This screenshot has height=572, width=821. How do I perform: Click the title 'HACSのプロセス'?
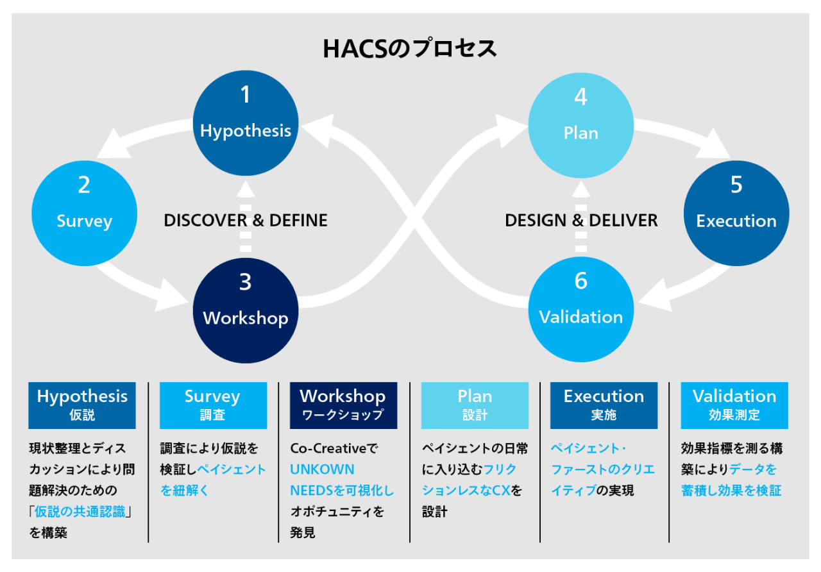410,49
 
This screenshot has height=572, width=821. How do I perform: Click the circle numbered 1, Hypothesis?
246,122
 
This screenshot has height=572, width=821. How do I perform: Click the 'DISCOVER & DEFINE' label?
246,221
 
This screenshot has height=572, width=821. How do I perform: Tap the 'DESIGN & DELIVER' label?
581,221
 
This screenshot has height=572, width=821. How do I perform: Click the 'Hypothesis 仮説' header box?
82,405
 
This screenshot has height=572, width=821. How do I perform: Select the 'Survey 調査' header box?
213,405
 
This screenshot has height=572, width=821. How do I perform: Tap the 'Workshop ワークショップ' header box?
343,405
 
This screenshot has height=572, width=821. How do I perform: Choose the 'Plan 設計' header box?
475,405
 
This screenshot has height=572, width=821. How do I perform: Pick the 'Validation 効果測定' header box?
734,405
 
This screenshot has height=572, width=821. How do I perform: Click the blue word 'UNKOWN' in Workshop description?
322,469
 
